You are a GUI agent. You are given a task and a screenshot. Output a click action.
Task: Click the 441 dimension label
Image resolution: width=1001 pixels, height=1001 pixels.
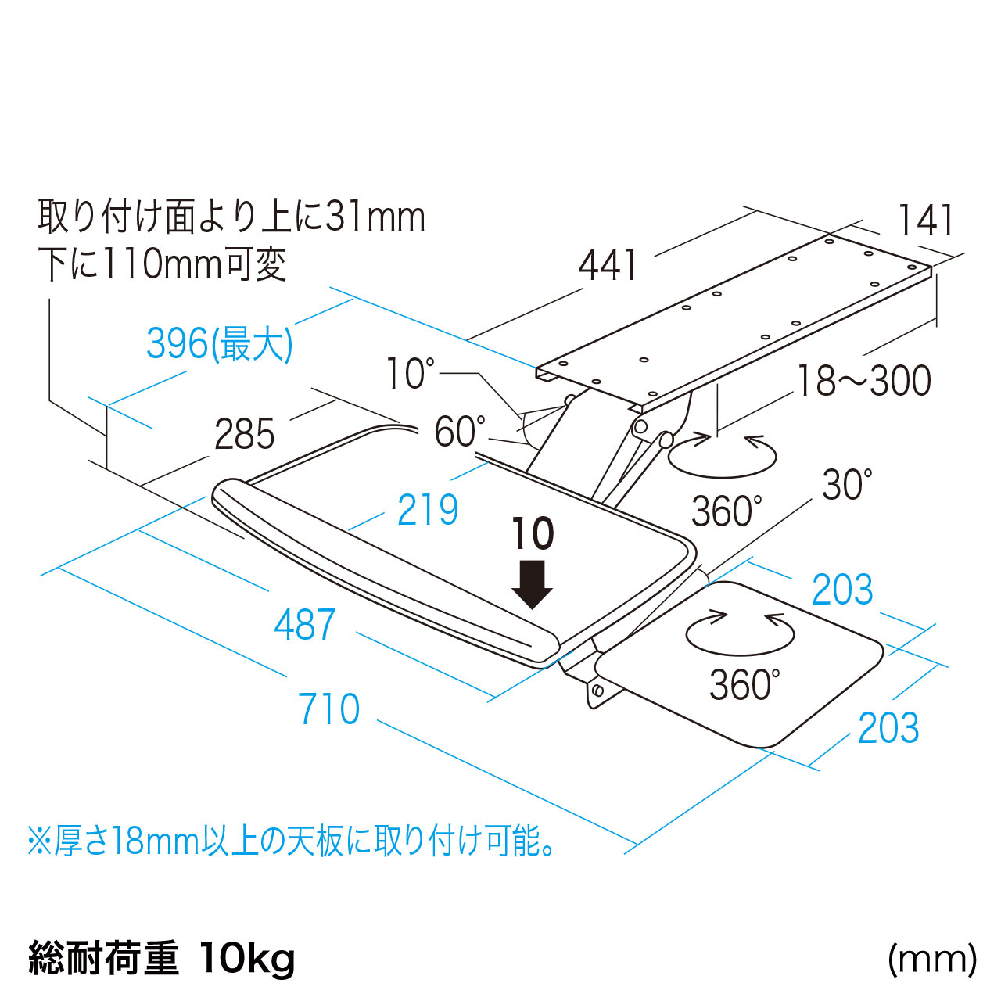click(608, 266)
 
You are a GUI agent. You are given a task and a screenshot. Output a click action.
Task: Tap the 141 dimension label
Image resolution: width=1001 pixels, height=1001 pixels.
click(926, 221)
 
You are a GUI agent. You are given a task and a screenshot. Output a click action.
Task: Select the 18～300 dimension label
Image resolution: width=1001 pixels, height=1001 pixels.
click(864, 381)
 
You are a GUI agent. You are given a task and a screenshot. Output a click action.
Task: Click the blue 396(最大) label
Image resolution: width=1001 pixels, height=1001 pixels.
click(220, 343)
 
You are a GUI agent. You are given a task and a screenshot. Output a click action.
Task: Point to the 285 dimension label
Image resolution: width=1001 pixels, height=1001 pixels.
click(245, 435)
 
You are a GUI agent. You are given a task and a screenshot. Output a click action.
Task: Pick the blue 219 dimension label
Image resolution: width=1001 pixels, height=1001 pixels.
click(428, 510)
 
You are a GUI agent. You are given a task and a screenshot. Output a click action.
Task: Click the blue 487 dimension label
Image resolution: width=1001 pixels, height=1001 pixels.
click(305, 625)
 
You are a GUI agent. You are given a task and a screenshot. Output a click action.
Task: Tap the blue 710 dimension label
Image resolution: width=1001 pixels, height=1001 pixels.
click(329, 709)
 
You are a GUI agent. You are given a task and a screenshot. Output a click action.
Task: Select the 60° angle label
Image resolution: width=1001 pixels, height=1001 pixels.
click(460, 432)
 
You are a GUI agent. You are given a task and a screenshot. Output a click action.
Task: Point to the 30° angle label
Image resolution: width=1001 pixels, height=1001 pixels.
click(847, 486)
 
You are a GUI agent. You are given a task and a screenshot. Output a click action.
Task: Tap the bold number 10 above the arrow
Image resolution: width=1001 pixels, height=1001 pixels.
click(533, 534)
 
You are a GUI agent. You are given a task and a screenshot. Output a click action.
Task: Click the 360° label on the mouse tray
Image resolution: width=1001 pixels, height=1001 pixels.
click(744, 684)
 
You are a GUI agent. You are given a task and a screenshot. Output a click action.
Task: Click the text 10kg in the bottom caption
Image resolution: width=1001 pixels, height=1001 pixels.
click(247, 958)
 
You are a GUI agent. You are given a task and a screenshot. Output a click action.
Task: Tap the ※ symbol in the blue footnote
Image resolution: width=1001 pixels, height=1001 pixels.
click(39, 841)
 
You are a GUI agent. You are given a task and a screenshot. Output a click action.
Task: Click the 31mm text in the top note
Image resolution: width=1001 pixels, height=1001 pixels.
click(375, 217)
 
